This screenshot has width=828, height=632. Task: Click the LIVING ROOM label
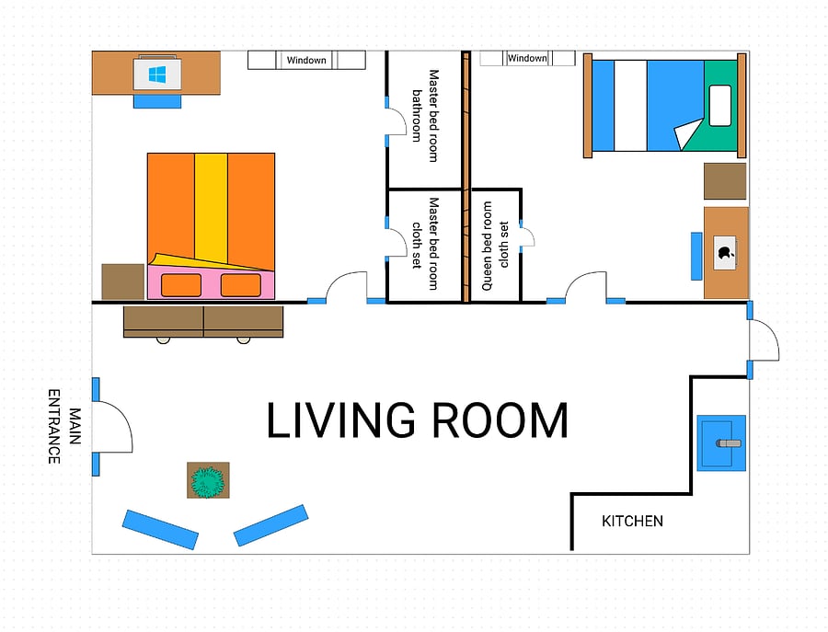point(417,420)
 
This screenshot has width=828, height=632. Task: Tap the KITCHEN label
point(632,521)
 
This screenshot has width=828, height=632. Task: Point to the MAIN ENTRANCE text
point(64,427)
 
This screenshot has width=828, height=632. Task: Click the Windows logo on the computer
point(157,75)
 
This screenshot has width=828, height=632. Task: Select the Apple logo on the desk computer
point(725,252)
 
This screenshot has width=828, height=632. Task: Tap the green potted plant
point(208,481)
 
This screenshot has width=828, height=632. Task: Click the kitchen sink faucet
point(729,443)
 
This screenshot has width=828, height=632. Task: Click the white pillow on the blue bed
point(719,106)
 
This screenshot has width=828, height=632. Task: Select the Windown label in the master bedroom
point(306,60)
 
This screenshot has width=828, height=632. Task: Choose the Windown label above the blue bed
point(527,58)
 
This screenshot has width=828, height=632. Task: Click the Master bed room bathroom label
point(426,116)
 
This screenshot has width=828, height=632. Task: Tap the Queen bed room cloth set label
point(495,246)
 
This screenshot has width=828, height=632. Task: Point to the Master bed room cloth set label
point(426,244)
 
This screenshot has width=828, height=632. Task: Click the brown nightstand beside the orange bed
point(123,282)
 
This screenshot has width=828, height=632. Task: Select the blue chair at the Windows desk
point(157,101)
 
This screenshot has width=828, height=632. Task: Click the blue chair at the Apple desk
point(696,256)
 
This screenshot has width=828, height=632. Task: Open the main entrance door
point(112,427)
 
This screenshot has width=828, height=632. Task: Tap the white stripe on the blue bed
point(630,106)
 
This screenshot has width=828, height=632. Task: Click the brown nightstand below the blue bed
point(725,181)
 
